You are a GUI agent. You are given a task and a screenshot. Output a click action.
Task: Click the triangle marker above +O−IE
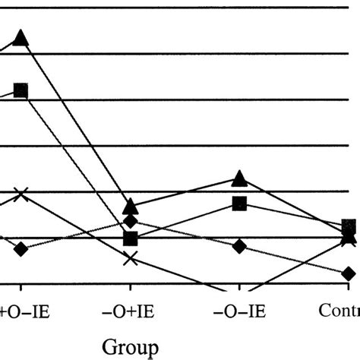21,37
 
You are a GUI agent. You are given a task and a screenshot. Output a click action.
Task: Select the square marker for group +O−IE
21,90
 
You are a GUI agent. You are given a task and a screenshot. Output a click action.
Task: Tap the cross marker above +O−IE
21,194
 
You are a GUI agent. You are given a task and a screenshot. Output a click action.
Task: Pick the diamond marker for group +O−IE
21,248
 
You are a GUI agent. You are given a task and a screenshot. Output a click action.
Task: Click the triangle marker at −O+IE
131,206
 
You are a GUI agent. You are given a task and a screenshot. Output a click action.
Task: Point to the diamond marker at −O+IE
131,222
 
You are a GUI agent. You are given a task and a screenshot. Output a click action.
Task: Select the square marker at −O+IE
131,238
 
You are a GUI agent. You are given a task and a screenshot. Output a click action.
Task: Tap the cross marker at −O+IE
131,259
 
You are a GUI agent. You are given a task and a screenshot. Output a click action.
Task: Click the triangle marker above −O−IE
239,178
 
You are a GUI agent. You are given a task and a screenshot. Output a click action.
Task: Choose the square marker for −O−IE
239,203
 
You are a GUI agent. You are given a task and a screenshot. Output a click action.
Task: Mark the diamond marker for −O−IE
239,246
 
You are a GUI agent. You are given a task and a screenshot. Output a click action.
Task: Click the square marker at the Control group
349,226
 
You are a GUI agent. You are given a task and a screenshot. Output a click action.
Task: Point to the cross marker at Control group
349,239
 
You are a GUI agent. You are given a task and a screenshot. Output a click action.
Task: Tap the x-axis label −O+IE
131,311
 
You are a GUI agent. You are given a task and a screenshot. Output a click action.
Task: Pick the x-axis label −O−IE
239,311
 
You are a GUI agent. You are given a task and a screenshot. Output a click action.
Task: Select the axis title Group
131,346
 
